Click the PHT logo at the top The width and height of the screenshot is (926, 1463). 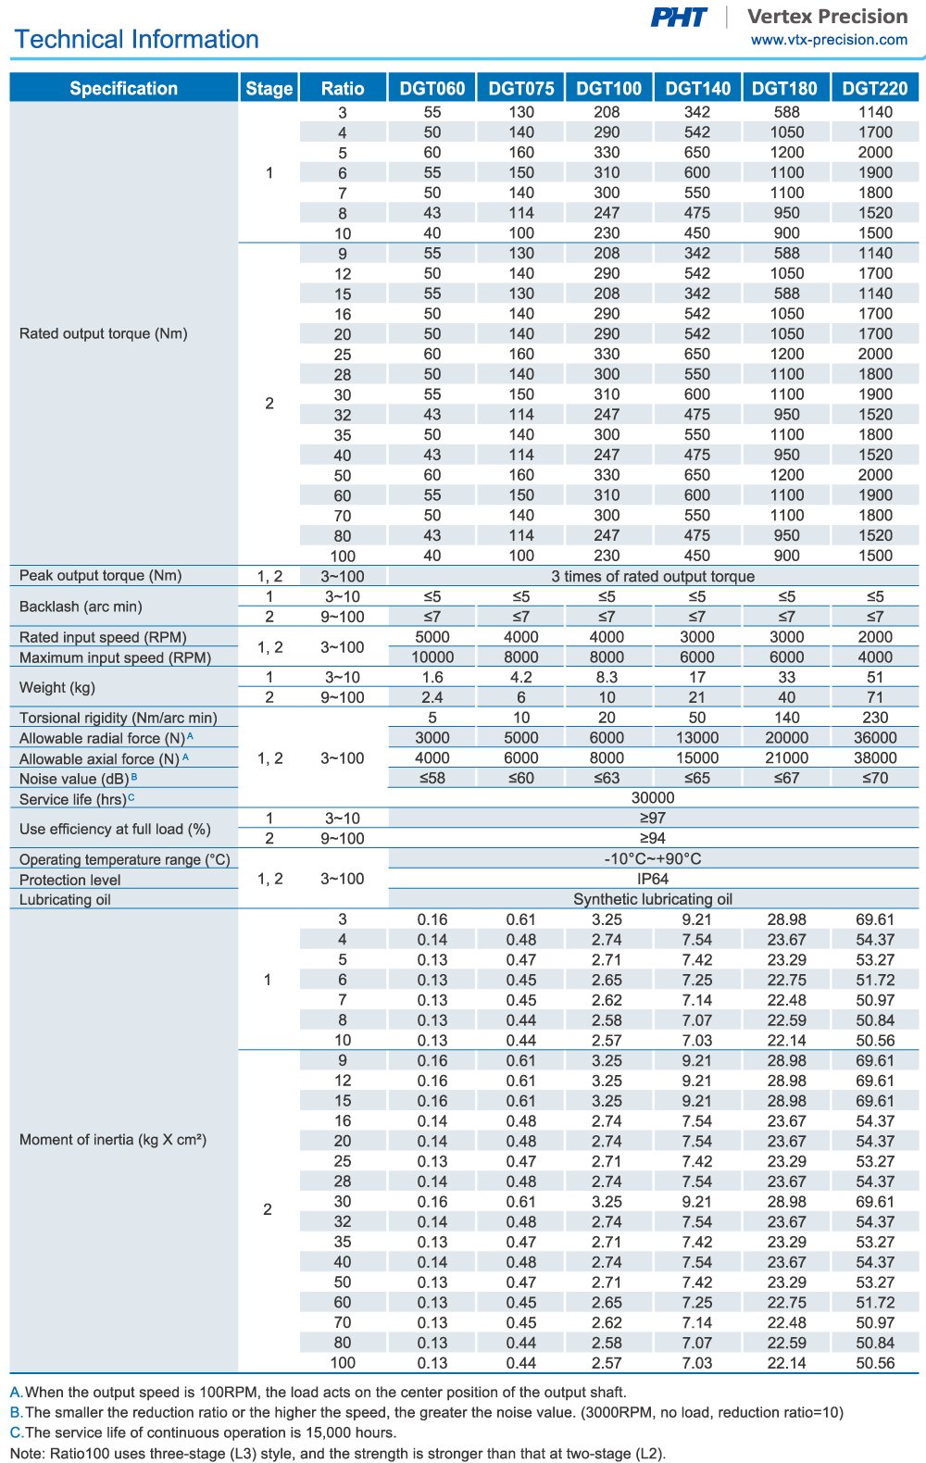tap(679, 18)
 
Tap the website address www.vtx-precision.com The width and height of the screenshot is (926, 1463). tap(829, 40)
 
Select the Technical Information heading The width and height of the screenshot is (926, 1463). tap(137, 40)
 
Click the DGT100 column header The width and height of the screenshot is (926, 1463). tap(608, 89)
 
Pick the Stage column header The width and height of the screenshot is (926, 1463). tap(269, 89)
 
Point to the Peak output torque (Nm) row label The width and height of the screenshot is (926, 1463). tap(101, 576)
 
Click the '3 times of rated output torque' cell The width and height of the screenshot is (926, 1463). tap(653, 576)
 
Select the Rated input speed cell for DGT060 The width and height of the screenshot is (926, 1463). tap(432, 637)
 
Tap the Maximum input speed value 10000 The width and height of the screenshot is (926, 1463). tap(432, 657)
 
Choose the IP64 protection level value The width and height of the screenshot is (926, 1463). tap(653, 879)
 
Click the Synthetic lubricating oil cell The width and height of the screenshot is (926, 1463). tap(653, 899)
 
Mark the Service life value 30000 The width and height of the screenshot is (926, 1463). tap(653, 798)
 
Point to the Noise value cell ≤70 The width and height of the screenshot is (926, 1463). tap(875, 778)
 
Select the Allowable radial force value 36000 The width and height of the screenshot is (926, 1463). tap(875, 738)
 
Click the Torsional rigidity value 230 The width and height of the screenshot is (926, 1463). tap(875, 718)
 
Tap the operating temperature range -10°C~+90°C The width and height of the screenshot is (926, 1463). tap(653, 858)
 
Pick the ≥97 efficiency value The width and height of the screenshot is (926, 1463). tap(653, 818)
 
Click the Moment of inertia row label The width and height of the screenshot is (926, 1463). tap(113, 1140)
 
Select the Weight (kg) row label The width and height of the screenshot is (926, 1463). tap(56, 688)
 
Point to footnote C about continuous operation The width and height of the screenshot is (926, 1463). tap(204, 1432)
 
